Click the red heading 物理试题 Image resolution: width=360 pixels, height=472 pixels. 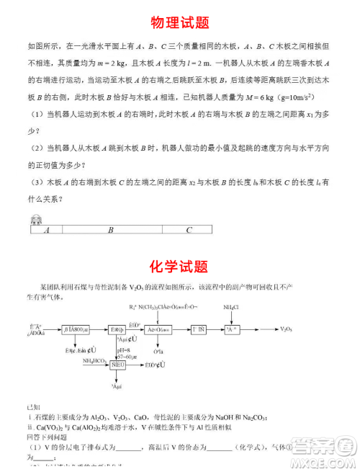point(180,23)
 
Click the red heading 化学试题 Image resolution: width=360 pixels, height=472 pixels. point(180,267)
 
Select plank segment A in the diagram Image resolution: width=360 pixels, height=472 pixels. point(47,231)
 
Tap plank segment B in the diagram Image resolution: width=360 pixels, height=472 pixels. point(111,231)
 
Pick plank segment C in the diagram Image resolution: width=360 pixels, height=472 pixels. point(189,231)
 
